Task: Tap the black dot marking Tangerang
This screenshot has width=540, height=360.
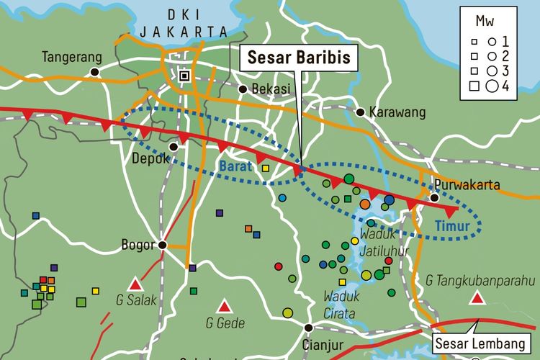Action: click(x=94, y=71)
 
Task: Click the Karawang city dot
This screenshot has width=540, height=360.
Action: click(x=359, y=112)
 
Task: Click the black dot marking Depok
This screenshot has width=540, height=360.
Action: click(x=173, y=145)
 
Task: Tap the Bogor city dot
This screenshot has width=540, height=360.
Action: click(x=163, y=245)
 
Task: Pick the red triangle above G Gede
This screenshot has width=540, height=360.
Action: click(x=225, y=305)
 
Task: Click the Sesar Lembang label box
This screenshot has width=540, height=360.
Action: click(x=478, y=342)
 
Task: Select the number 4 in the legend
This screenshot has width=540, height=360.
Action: click(x=507, y=86)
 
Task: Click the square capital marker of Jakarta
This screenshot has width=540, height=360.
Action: click(x=184, y=75)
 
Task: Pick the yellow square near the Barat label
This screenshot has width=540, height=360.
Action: click(x=265, y=168)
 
